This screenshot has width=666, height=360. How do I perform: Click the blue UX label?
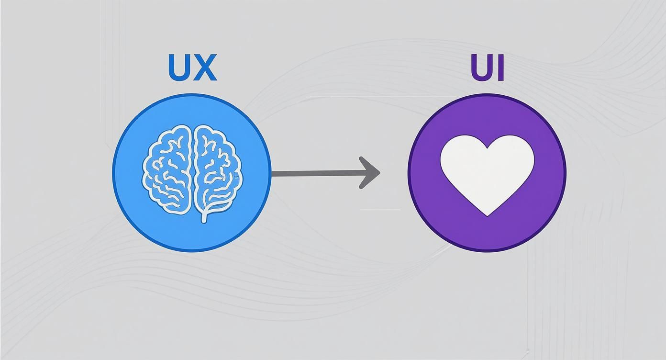tap(193, 67)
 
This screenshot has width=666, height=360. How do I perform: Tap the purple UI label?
tap(488, 67)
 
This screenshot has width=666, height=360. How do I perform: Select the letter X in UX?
tap(206, 67)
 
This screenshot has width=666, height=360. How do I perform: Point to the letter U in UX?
tap(180, 68)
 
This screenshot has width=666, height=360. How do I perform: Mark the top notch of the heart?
tap(488, 148)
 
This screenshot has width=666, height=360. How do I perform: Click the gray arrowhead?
tap(370, 172)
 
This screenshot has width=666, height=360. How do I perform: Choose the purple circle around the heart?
tap(487, 173)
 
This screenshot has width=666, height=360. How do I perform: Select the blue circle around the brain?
tap(192, 173)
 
